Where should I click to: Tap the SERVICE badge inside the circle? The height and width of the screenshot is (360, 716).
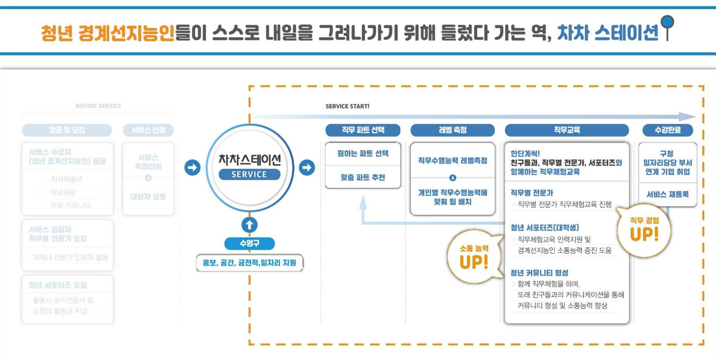[x=249, y=174]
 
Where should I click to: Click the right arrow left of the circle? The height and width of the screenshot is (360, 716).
[x=192, y=167]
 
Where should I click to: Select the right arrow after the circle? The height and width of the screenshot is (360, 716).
[x=307, y=167]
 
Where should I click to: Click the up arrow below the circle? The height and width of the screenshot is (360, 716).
[x=249, y=225]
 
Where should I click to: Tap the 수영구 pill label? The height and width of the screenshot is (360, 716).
[x=249, y=243]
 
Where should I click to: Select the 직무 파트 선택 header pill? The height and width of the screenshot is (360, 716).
[x=363, y=130]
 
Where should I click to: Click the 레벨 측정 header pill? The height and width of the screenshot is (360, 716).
[x=452, y=130]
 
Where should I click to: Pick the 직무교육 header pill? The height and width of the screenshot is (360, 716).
[x=567, y=130]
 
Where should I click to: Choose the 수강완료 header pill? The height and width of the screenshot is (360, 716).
[x=668, y=130]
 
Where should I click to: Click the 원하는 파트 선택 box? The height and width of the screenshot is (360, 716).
[x=363, y=154]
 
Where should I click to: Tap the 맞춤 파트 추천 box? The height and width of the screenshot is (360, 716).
[x=363, y=177]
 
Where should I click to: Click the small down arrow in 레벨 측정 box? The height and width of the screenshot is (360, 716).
[x=452, y=178]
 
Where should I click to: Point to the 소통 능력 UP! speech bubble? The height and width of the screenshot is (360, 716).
[x=474, y=257]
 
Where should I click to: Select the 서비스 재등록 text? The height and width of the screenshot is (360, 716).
[x=668, y=194]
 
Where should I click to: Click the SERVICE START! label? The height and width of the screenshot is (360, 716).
[x=347, y=106]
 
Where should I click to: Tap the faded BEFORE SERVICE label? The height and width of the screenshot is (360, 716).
[x=98, y=106]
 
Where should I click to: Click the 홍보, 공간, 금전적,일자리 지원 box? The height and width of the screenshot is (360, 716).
[x=249, y=263]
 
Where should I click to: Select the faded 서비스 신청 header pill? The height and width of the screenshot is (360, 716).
[x=148, y=130]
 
